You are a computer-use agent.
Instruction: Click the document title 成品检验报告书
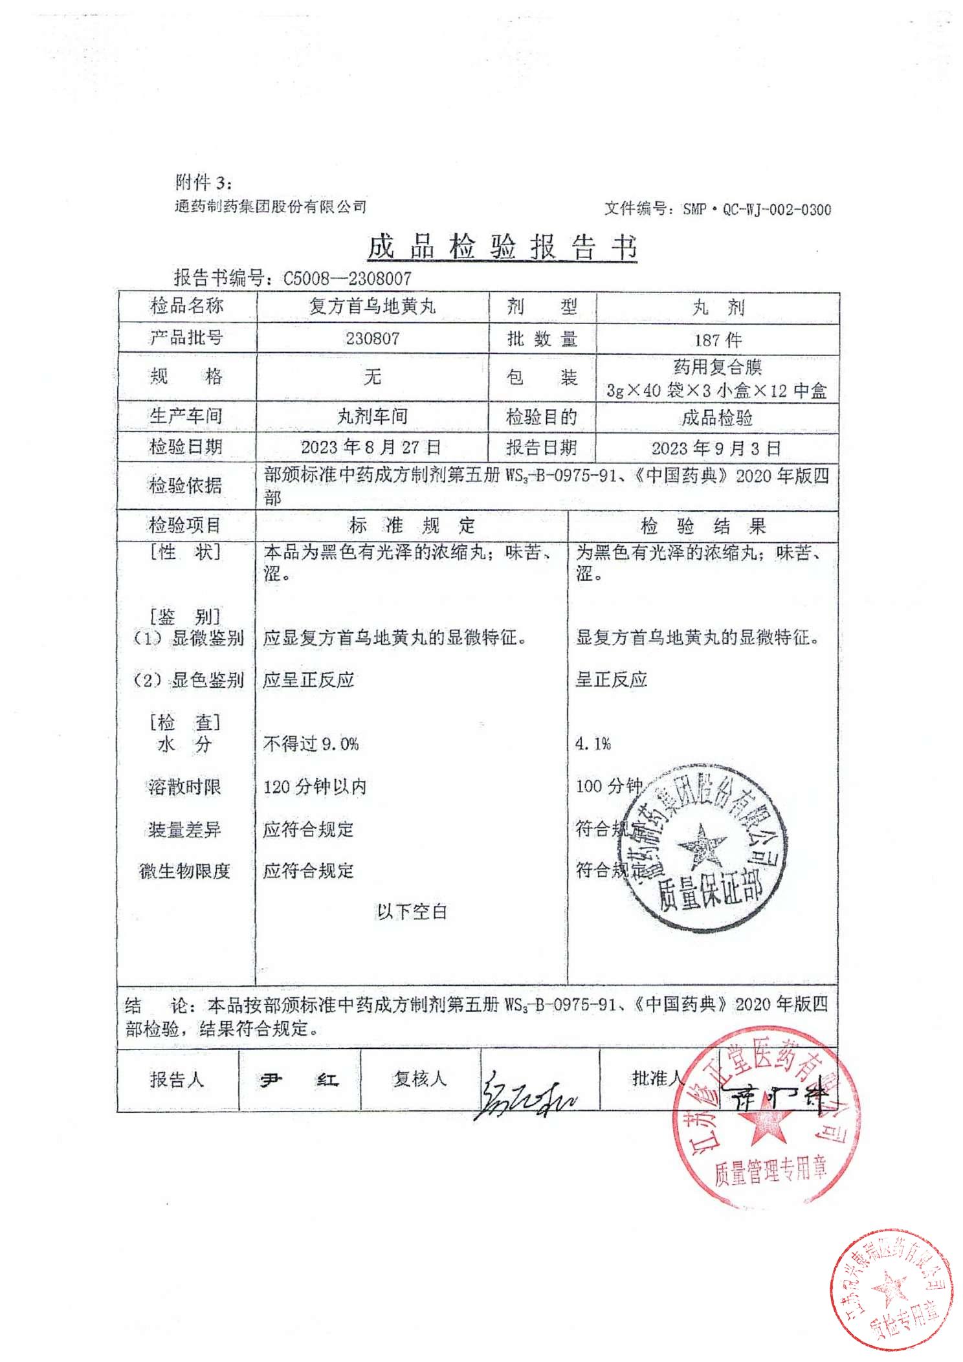point(502,247)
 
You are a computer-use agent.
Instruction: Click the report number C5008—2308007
point(348,279)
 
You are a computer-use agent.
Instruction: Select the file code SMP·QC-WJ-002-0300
point(757,210)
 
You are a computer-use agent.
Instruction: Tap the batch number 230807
point(372,338)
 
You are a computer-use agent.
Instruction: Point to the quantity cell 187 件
point(718,340)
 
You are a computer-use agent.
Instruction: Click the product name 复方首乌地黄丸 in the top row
point(372,306)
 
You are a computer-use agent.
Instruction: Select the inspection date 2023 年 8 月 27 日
point(371,447)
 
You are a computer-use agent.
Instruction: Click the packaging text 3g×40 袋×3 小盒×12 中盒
point(716,391)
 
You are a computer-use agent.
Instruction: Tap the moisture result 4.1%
point(593,744)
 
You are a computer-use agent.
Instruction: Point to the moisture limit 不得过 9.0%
point(311,744)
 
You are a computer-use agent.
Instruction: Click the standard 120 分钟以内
point(315,787)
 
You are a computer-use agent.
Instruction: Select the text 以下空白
point(412,912)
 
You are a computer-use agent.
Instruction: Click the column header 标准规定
point(412,525)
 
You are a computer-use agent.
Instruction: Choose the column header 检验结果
point(703,526)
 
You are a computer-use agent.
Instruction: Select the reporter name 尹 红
point(299,1079)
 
